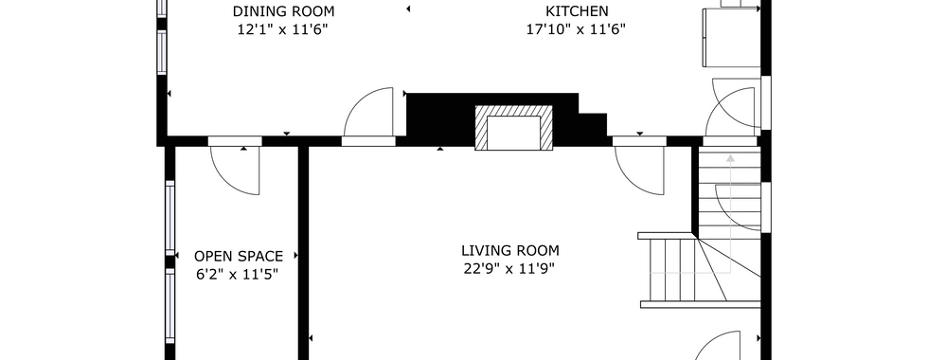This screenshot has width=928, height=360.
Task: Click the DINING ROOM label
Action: [x=283, y=11]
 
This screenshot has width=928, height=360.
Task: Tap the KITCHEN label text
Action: [x=577, y=11]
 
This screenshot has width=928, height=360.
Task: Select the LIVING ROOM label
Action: [x=510, y=250]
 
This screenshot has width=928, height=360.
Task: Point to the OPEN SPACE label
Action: [x=239, y=257]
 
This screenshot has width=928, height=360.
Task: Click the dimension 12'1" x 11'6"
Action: [x=283, y=29]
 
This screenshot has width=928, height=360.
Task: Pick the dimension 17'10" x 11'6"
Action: [x=577, y=29]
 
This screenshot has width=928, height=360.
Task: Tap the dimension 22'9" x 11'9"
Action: [x=510, y=269]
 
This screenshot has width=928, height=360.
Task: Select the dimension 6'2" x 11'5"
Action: [x=237, y=275]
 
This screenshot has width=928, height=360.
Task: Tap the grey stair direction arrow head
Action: [x=730, y=158]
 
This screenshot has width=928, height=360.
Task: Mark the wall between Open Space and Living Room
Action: [x=303, y=253]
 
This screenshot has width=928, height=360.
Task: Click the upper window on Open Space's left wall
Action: [x=170, y=218]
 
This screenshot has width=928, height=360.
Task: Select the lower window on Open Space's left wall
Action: [x=170, y=306]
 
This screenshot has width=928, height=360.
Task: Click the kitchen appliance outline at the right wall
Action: [x=731, y=37]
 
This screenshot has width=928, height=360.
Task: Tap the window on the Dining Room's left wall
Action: [x=162, y=52]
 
